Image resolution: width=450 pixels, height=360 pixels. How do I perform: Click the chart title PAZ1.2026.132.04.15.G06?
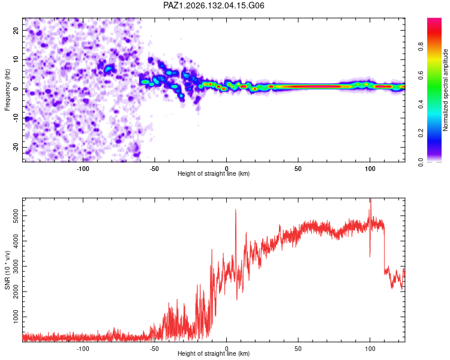pyautogui.click(x=214, y=5)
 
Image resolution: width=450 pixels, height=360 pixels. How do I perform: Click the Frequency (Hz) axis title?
pyautogui.click(x=7, y=90)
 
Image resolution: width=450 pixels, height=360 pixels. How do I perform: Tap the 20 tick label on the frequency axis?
pyautogui.click(x=16, y=30)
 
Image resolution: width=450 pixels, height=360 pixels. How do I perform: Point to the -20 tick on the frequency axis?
pyautogui.click(x=16, y=148)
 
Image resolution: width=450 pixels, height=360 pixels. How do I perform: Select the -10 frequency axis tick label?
pyautogui.click(x=16, y=118)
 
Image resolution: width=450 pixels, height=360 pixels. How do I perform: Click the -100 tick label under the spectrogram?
pyautogui.click(x=83, y=169)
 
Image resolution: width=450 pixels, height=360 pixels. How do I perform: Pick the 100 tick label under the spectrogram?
pyautogui.click(x=370, y=169)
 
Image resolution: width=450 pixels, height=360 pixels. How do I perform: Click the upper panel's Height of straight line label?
pyautogui.click(x=214, y=173)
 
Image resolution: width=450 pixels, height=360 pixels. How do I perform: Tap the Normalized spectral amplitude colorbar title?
pyautogui.click(x=445, y=90)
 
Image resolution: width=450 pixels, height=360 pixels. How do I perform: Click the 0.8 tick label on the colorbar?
pyautogui.click(x=421, y=46)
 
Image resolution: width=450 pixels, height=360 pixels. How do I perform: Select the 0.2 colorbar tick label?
pyautogui.click(x=421, y=133)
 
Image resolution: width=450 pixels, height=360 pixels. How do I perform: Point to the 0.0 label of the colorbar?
pyautogui.click(x=421, y=162)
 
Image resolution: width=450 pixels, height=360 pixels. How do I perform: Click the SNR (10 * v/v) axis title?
pyautogui.click(x=7, y=270)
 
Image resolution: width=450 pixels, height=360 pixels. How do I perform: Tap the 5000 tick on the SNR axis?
pyautogui.click(x=16, y=215)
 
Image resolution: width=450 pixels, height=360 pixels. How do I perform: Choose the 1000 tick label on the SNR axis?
pyautogui.click(x=16, y=317)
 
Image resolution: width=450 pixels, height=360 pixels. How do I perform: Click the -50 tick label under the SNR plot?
pyautogui.click(x=154, y=349)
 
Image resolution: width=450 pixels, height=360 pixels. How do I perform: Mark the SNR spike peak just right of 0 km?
pyautogui.click(x=236, y=209)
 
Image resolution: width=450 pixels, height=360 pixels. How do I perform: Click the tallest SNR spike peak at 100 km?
pyautogui.click(x=371, y=199)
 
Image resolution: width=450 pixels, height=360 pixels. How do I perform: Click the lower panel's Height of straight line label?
pyautogui.click(x=214, y=353)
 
